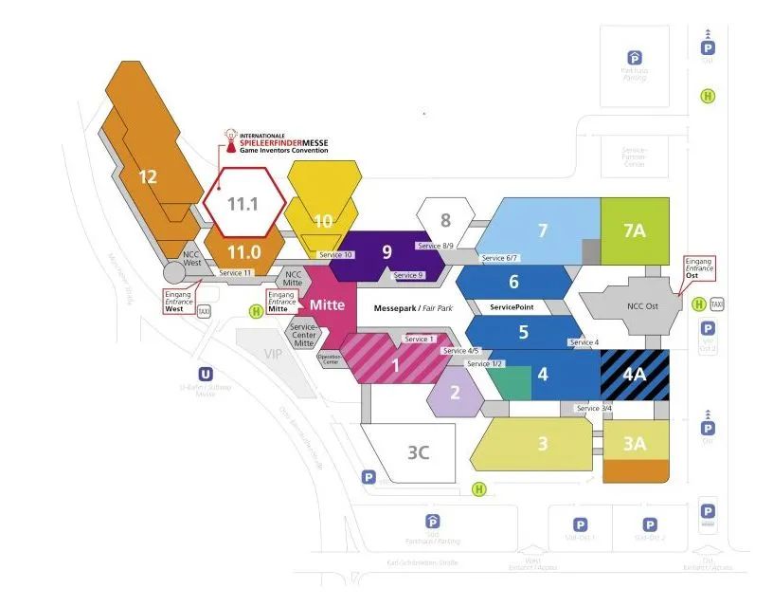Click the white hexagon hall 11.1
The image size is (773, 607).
(244, 203)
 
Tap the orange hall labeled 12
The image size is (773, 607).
(148, 176)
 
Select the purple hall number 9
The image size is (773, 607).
(386, 252)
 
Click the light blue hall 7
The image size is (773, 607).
(543, 230)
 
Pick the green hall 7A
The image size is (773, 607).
(634, 230)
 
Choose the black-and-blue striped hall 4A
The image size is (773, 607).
(634, 374)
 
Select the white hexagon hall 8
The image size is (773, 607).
(445, 220)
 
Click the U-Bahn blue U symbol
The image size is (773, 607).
(205, 374)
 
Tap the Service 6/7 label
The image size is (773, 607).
(498, 258)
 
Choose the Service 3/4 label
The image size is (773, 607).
(594, 408)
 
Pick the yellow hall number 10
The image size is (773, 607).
(323, 221)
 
